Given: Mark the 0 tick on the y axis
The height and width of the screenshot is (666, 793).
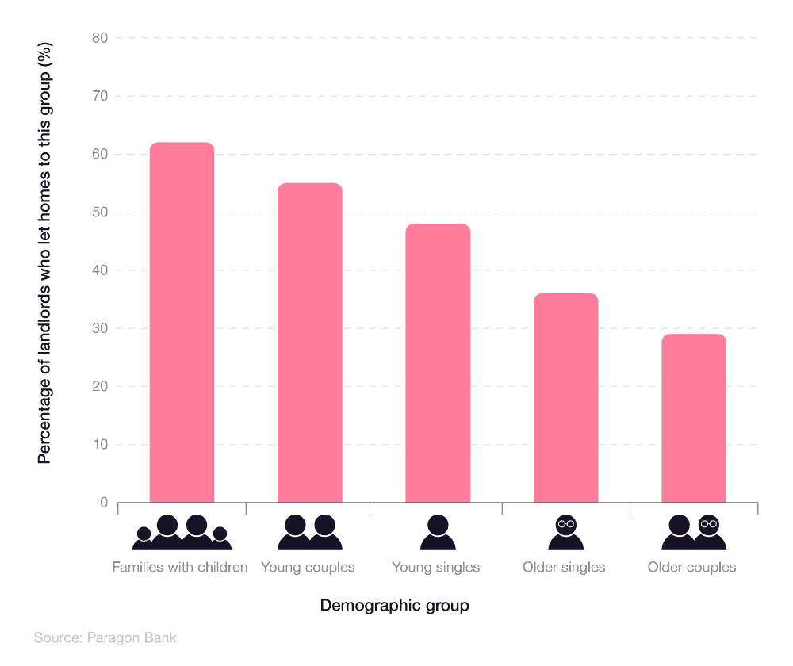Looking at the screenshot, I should pos(104,503).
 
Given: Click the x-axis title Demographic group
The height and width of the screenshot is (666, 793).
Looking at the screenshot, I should pos(394,606).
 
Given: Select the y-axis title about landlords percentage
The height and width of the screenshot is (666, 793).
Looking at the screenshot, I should pos(45,266).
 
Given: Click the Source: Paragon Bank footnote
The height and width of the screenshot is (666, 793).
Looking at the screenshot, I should pos(105,637).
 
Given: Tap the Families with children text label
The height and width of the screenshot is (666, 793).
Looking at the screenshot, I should pos(180,568).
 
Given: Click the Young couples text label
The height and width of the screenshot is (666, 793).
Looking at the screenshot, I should pos(308,568).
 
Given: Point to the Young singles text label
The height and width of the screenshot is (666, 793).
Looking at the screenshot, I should pos(436,568).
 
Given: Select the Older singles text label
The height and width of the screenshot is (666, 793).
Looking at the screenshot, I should pos(564,568).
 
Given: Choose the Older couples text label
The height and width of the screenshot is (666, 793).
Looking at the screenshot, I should pos(691,568).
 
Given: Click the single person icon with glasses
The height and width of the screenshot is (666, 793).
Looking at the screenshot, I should pos(565,533).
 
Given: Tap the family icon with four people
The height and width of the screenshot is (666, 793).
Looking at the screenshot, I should pos(182,533).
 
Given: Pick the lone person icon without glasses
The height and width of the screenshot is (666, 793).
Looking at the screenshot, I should pos(438,533).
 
